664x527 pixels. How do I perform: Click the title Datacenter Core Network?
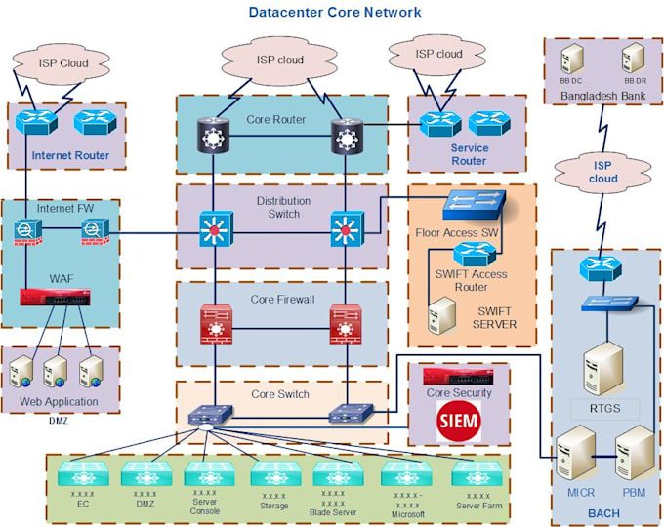point(335,12)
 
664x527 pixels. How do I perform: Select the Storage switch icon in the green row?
point(273,474)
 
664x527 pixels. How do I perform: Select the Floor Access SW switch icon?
point(474,204)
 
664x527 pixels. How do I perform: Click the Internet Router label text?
point(70,155)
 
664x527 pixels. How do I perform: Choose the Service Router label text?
point(469,154)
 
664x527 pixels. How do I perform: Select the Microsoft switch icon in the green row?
point(408,474)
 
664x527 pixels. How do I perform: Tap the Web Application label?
point(59,402)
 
